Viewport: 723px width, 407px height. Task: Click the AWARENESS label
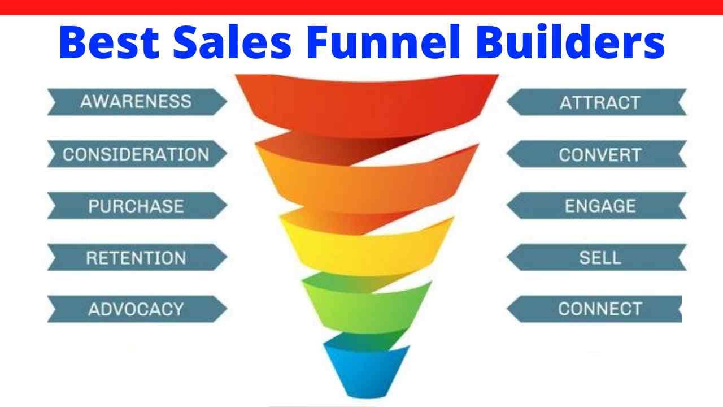(136, 102)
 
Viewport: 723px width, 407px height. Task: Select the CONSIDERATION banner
(136, 154)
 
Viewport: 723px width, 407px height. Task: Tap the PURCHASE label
(136, 206)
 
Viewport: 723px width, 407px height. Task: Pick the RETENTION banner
(136, 258)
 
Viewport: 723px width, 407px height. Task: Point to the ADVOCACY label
(136, 309)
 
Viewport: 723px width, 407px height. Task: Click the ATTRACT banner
(599, 102)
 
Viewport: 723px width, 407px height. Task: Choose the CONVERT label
(599, 154)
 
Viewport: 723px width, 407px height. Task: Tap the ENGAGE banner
(599, 206)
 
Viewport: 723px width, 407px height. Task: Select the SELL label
(599, 258)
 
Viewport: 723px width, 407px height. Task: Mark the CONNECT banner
(599, 309)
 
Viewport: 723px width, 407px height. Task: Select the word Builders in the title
(570, 42)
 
